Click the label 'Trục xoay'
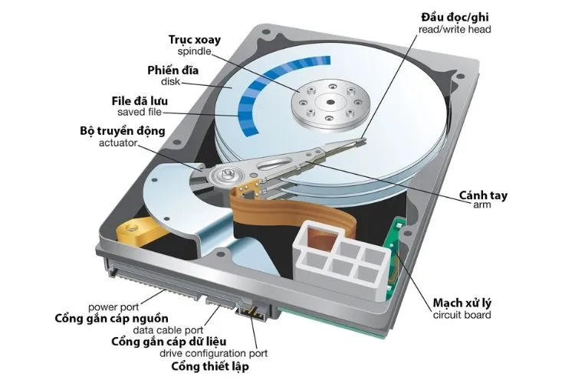(x=195, y=41)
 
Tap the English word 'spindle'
(x=195, y=51)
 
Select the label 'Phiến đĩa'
(x=173, y=70)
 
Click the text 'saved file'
(x=140, y=112)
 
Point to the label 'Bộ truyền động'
(x=123, y=131)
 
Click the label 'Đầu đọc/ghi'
(x=455, y=17)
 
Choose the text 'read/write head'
(x=455, y=29)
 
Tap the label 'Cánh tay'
(x=483, y=195)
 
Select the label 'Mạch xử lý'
(x=462, y=303)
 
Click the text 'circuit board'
(x=462, y=315)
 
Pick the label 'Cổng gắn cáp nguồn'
(x=111, y=318)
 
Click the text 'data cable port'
(x=168, y=330)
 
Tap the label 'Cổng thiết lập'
(x=210, y=366)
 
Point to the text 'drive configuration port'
(x=213, y=354)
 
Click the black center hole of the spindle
(x=330, y=102)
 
